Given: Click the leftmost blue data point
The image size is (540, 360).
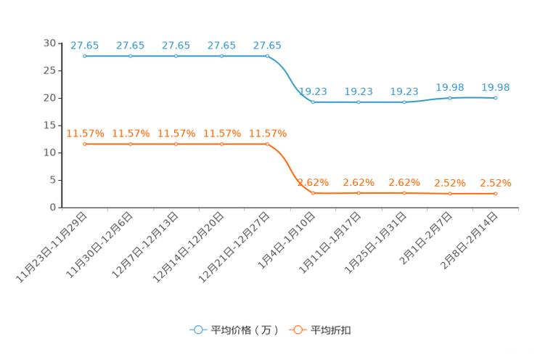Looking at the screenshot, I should pos(85,56).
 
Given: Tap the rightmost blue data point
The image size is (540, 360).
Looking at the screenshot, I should pos(496,98).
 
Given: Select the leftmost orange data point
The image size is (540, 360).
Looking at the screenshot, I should pos(85,144).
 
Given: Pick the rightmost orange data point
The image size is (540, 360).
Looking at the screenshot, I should pos(496,194).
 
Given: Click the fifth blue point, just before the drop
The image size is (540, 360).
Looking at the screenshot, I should pos(267,56).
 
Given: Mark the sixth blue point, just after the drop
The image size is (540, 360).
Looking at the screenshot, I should pos(313,103).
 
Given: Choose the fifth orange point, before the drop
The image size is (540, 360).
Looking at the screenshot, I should pos(267,144).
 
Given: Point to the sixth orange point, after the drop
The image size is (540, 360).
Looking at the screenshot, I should pos(313,194).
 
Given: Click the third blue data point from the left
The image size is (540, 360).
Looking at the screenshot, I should pos(176,56).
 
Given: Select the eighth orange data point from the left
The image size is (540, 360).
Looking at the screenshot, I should pos(404,193).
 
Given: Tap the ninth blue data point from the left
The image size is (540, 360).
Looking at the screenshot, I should pos(450,98).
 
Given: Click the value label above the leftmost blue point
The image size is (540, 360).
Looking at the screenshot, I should pos(85,46).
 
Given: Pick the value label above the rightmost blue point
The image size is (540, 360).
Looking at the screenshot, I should pos(496,87).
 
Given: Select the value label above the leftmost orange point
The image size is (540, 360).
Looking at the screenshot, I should pos(85,134).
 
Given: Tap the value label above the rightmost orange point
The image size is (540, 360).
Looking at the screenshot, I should pos(496,184).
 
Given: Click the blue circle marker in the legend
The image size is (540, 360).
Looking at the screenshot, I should pos(197,330).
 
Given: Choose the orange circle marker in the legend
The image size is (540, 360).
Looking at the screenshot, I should pos(298,330).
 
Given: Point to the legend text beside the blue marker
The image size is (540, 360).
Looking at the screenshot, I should pos(245,330).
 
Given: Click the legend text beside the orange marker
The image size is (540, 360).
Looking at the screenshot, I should pos(331,330).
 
